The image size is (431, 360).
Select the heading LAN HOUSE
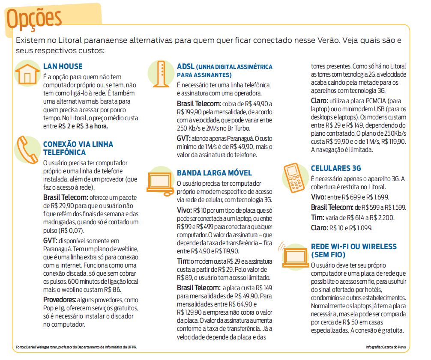click(63, 66)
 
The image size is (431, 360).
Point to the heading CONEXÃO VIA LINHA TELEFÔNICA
click(78, 148)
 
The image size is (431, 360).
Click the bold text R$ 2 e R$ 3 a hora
click(83, 126)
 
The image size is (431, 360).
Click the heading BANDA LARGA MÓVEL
click(214, 173)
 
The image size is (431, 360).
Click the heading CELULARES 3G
click(336, 169)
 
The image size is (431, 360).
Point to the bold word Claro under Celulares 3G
click(319, 228)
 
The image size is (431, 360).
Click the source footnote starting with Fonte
click(77, 346)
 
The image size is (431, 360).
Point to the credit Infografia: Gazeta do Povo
click(385, 346)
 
